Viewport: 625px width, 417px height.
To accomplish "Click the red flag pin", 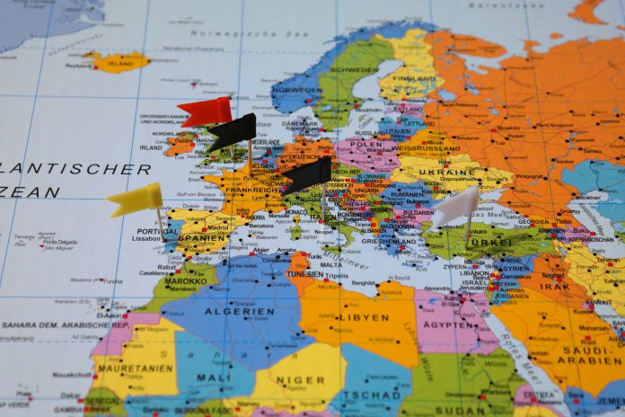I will [x=204, y=112].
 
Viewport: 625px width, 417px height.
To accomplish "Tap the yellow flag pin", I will [x=135, y=200].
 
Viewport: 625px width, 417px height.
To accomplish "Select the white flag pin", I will [x=456, y=207].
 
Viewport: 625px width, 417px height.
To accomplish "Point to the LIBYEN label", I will [x=362, y=317].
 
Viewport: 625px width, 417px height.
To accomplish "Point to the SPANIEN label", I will [x=203, y=240].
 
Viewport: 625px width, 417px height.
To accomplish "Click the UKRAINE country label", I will [x=445, y=171].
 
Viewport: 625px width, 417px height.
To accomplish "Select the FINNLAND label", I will [x=415, y=77].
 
